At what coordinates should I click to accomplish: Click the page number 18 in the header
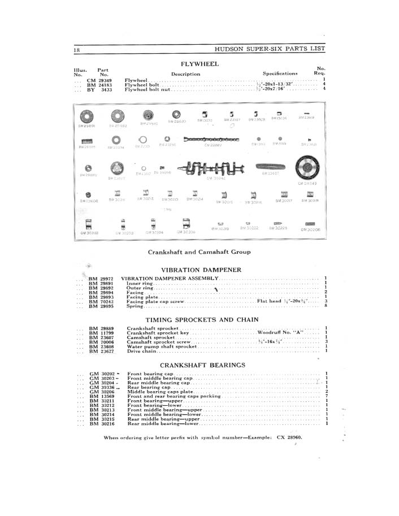coord(76,50)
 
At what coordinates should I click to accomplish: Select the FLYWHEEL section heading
coord(199,64)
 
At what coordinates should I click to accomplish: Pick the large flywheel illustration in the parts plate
coord(308,168)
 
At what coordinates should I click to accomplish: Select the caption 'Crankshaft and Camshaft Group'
coord(199,252)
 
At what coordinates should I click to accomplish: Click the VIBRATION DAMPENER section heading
coord(201,270)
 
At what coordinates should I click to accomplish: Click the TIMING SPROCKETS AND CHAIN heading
coord(201,319)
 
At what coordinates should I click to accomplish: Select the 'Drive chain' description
coord(141,351)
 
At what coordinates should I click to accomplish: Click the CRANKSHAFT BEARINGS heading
coord(202,365)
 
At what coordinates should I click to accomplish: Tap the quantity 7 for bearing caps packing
coord(327,396)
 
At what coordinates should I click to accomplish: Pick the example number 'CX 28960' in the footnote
coord(289,438)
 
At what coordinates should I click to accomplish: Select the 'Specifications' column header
coord(280,73)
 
